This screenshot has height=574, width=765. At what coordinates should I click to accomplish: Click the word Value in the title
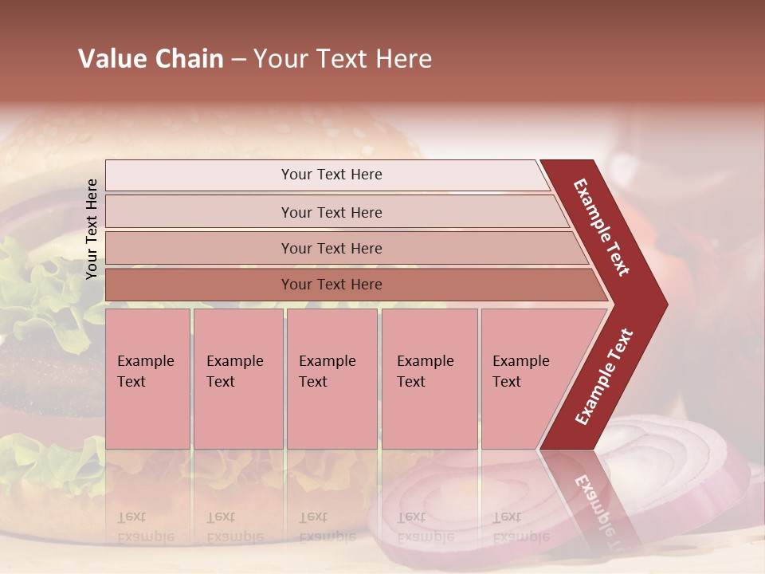point(111,59)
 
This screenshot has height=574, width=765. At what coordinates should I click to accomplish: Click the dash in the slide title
point(238,60)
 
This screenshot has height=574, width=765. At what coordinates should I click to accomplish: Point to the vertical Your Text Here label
point(92,229)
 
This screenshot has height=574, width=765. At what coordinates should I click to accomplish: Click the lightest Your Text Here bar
point(331,175)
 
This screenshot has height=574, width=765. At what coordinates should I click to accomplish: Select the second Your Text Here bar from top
point(331,212)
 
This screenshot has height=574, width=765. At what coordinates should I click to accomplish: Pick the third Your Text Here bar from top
point(331,248)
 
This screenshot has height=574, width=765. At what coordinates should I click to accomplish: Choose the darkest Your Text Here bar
point(331,285)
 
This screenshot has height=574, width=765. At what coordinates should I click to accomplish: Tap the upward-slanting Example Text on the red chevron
point(604,376)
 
